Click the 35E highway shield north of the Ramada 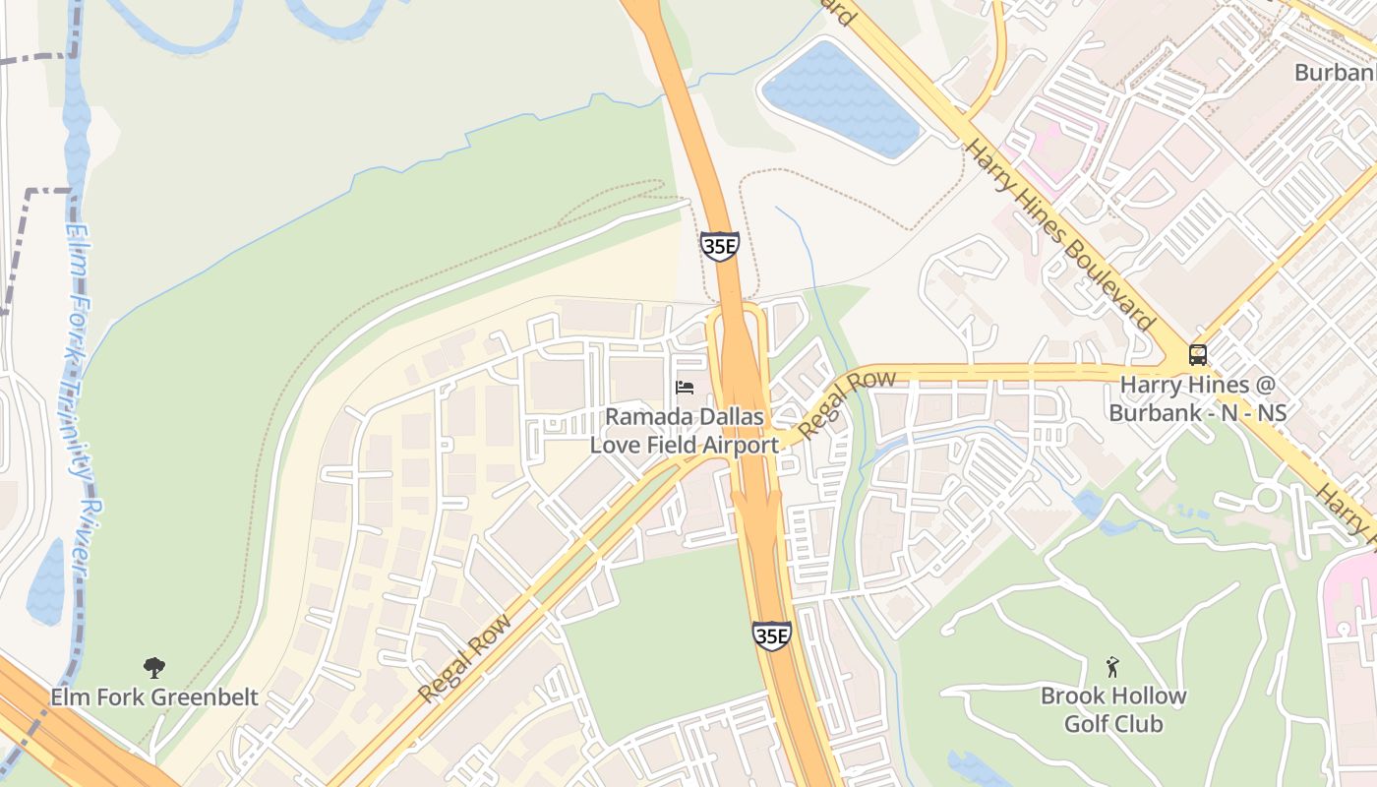tap(720, 246)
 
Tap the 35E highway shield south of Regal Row tap(771, 636)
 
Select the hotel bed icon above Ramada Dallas tap(685, 388)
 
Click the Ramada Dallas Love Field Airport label tap(685, 431)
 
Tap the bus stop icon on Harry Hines tap(1198, 355)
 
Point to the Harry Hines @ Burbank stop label tap(1197, 398)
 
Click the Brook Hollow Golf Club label tap(1113, 709)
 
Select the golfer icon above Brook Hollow tap(1112, 667)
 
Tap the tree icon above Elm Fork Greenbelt tap(154, 669)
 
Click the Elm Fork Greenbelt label tap(154, 697)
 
